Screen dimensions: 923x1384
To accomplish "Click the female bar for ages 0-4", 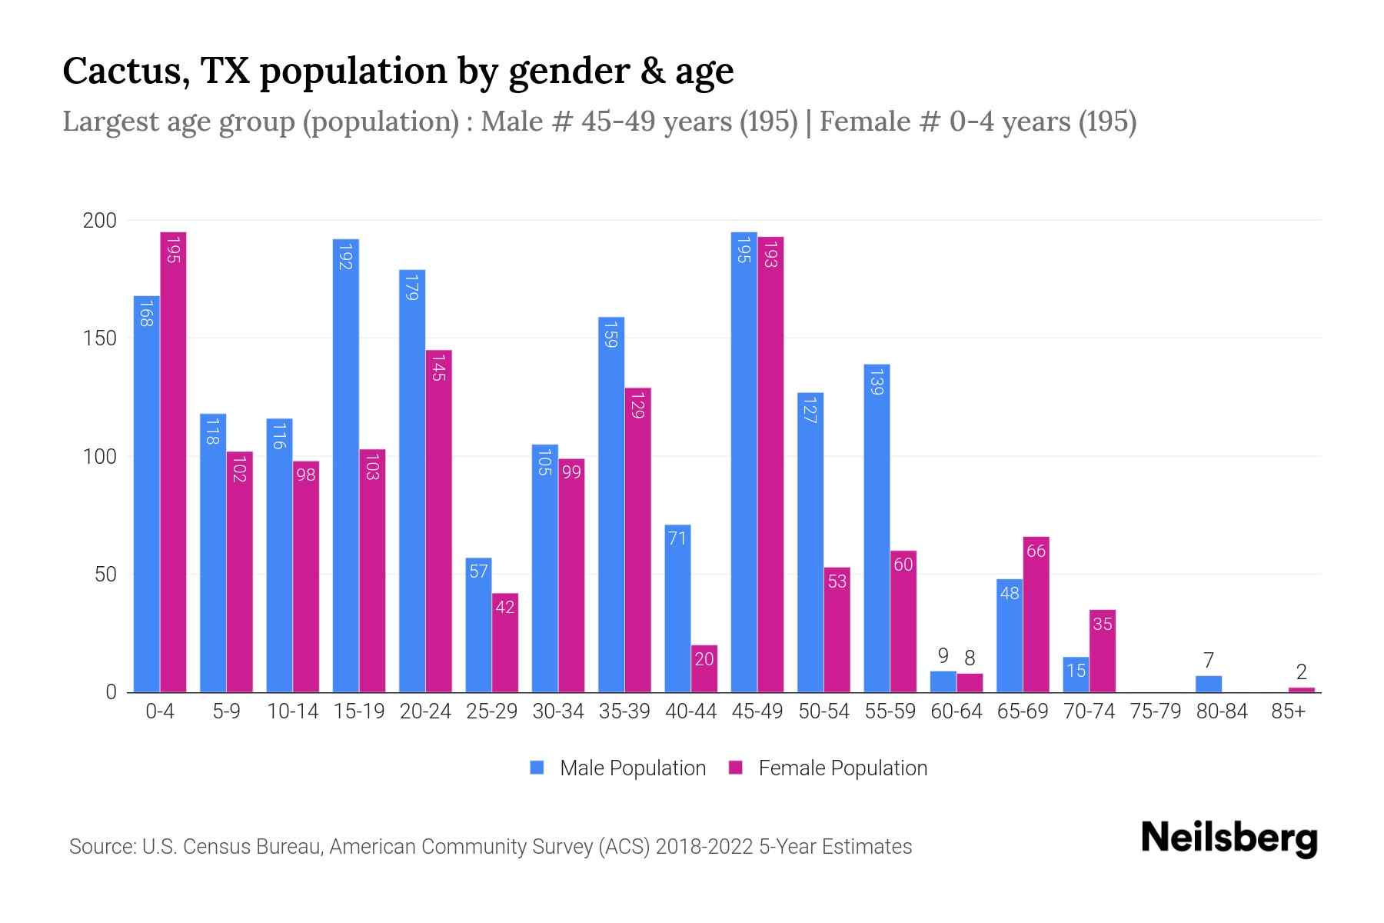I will (173, 461).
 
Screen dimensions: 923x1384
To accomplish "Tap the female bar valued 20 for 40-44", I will (704, 668).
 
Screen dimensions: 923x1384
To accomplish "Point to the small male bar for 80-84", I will (1208, 684).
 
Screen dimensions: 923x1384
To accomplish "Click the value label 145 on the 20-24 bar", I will (439, 367).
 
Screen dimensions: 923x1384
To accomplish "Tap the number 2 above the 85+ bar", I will (1301, 671).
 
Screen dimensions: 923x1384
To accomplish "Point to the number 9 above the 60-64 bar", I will (943, 656).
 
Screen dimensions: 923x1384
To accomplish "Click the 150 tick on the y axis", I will (99, 338).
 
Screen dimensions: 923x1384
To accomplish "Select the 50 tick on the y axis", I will (105, 575).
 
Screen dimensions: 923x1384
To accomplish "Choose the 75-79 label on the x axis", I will (1155, 711).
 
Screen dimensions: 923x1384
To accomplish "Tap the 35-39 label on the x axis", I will (624, 711).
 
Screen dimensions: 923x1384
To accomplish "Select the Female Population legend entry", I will (828, 768).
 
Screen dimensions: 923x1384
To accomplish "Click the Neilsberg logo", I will (1229, 838).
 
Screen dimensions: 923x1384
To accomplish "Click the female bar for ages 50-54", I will (837, 629).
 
